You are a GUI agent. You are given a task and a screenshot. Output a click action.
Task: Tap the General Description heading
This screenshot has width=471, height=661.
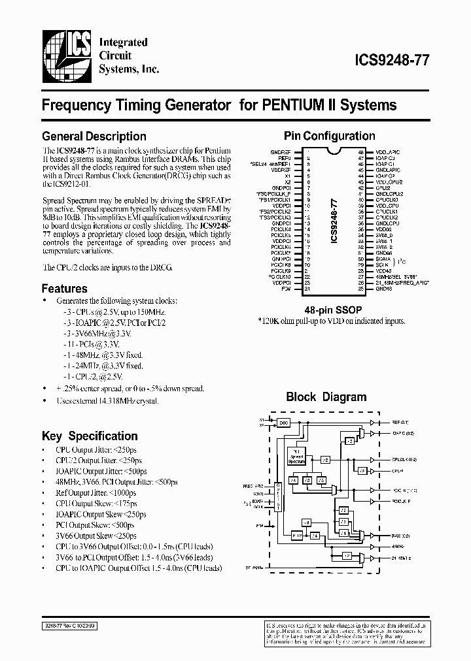click(x=94, y=137)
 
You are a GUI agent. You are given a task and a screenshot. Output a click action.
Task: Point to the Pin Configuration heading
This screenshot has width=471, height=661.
click(x=329, y=136)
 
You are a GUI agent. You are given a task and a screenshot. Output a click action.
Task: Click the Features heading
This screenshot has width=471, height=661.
click(x=64, y=288)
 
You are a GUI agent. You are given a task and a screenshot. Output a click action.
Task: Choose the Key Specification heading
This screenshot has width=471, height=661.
click(x=90, y=436)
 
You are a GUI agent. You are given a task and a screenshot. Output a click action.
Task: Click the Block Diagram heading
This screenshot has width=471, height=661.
click(x=326, y=396)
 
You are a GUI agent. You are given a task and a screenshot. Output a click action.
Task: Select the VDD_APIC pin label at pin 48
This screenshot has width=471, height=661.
click(x=387, y=152)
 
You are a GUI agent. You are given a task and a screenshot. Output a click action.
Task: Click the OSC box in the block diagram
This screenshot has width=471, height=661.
click(x=283, y=422)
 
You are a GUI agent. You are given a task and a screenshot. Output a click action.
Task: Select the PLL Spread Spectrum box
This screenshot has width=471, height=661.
click(x=297, y=456)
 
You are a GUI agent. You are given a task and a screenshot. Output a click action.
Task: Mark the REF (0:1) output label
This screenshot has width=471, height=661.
click(x=400, y=422)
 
